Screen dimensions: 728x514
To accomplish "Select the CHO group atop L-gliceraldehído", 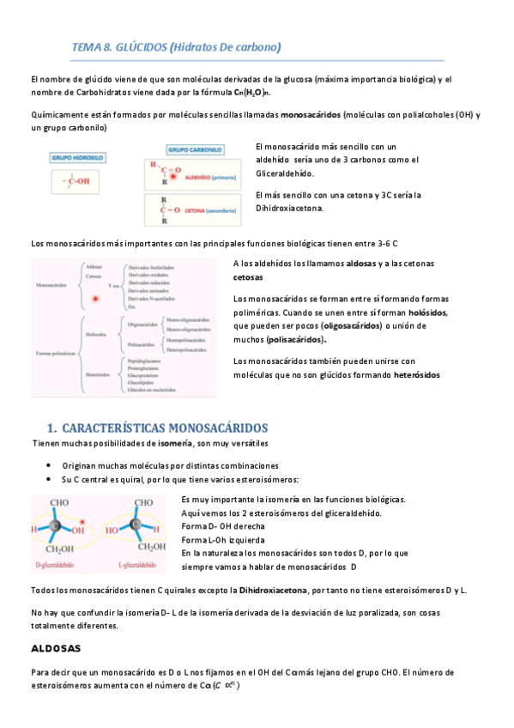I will coord(143,502).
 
